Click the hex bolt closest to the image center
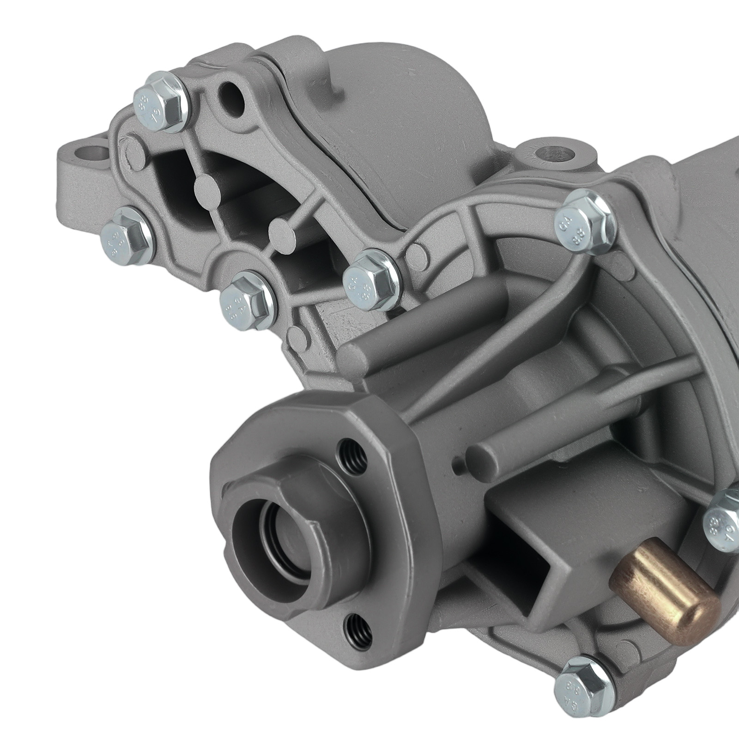pos(369,277)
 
